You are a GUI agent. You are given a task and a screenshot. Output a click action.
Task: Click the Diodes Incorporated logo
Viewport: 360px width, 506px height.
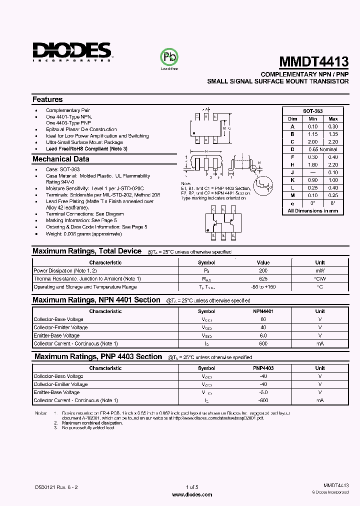click(x=72, y=51)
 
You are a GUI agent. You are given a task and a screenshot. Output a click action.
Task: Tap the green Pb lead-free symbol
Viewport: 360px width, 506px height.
click(x=169, y=56)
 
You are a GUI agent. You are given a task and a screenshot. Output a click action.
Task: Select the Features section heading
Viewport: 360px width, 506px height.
click(x=47, y=99)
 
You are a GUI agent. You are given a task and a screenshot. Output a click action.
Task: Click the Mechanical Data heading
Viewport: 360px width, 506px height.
click(x=60, y=159)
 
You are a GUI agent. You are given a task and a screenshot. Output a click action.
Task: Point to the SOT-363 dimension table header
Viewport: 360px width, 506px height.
click(x=312, y=111)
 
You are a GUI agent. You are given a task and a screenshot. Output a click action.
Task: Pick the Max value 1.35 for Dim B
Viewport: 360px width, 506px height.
click(x=333, y=134)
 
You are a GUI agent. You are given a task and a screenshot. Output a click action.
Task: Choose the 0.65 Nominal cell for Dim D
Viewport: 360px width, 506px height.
click(x=323, y=149)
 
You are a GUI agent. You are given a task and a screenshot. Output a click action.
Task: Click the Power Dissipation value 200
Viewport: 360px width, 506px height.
click(x=263, y=270)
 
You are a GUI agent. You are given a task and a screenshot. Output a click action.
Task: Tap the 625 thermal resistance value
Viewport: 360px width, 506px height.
click(x=263, y=278)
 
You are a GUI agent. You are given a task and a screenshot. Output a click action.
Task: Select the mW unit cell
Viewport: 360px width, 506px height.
click(x=320, y=270)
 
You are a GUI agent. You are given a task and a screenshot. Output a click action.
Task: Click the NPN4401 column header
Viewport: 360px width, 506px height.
click(x=263, y=311)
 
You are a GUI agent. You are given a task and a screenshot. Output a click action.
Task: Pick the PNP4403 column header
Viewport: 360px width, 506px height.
click(x=263, y=368)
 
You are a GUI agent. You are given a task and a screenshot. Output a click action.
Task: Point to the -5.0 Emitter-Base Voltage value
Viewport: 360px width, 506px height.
click(x=263, y=392)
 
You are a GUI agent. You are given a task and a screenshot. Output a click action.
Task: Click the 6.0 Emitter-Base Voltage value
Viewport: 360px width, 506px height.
click(x=263, y=335)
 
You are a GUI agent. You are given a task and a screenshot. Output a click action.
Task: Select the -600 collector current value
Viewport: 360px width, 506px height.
click(x=263, y=400)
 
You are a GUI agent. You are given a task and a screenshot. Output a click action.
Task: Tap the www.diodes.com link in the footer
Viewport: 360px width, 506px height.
click(x=192, y=494)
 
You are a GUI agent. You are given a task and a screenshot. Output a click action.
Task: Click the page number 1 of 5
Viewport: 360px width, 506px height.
click(x=192, y=487)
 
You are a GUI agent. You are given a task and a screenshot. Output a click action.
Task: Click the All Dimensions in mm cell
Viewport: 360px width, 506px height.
click(x=312, y=211)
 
